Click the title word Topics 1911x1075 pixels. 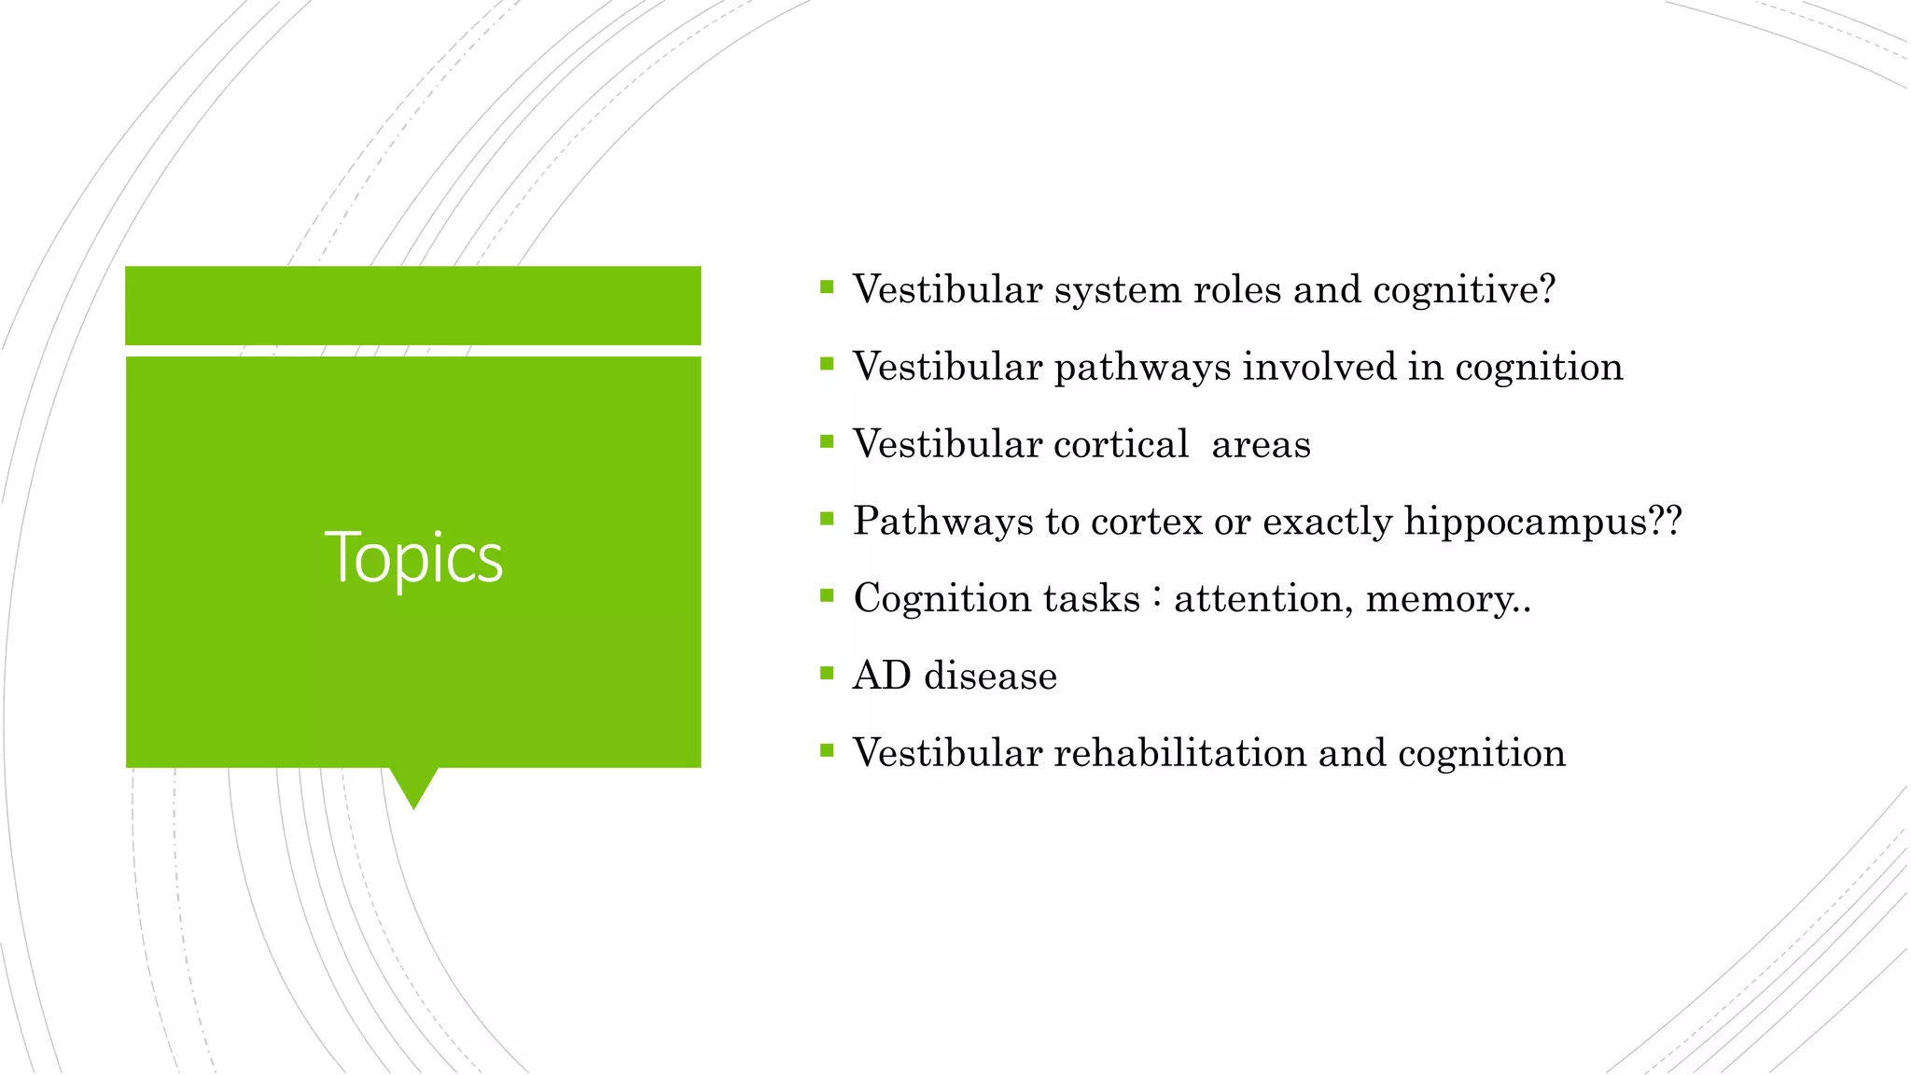tap(413, 557)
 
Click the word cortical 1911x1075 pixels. tap(1121, 444)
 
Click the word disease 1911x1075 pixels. tap(990, 676)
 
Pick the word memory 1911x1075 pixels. tap(1441, 599)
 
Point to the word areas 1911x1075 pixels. tap(1261, 445)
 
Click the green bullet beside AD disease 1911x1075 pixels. tap(826, 672)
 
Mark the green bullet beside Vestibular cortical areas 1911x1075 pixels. tap(826, 441)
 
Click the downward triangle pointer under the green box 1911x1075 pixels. tap(413, 787)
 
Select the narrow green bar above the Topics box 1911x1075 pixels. tap(413, 305)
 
